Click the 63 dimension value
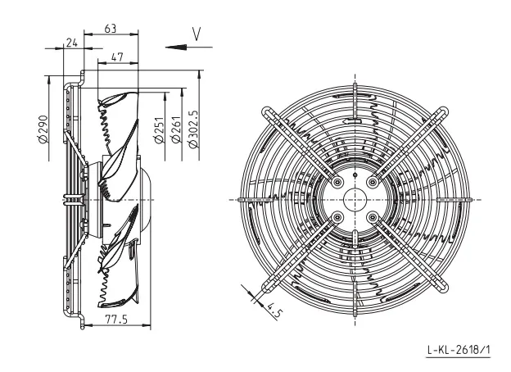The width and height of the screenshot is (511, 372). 111,29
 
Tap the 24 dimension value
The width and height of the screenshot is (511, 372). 72,43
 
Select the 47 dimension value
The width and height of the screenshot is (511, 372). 117,57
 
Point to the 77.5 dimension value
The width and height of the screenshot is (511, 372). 116,320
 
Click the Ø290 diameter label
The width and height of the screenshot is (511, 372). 43,129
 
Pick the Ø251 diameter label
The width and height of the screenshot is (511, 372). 159,130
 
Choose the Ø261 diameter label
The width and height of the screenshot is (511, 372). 176,129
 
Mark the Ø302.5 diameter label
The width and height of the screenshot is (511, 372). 193,129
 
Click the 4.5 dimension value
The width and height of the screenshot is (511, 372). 274,311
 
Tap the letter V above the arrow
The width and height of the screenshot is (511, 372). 197,34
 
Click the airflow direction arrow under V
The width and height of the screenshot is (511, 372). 188,48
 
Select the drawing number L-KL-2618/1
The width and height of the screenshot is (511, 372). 459,350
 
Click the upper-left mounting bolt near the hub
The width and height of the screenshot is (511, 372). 337,182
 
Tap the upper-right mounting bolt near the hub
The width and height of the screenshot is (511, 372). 373,182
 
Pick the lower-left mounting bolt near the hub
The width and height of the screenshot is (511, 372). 337,217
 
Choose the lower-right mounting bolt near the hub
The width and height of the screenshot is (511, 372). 373,217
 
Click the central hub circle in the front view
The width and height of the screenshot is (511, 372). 355,200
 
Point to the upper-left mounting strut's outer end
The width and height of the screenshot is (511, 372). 267,111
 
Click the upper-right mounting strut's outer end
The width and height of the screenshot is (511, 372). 444,111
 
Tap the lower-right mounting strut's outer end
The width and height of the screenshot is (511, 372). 443,288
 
